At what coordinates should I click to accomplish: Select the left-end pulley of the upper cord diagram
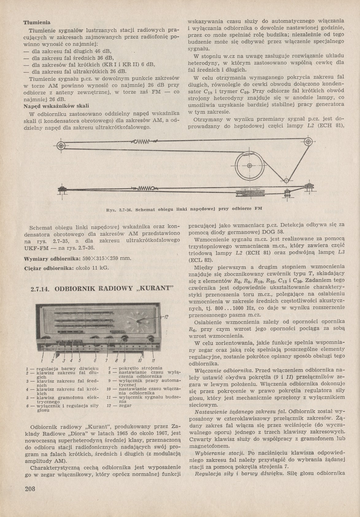point(61,146)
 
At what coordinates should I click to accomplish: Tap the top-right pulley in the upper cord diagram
point(308,142)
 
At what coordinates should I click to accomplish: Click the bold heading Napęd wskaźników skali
point(56,106)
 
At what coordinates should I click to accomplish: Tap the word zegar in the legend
point(125,405)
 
